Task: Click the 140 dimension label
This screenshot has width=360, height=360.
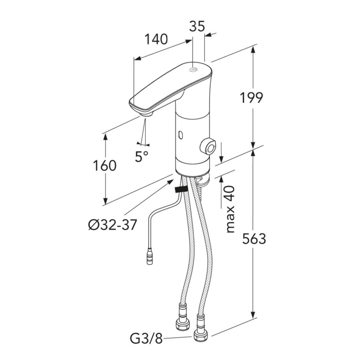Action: click(156, 39)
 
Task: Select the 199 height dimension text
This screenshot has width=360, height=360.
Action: click(251, 98)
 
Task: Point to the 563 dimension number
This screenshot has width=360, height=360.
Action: click(254, 238)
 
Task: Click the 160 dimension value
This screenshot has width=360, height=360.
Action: click(105, 166)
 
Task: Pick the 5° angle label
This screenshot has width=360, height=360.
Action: click(142, 156)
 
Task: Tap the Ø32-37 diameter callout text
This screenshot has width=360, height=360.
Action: click(112, 225)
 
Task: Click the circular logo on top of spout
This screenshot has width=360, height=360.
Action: click(192, 69)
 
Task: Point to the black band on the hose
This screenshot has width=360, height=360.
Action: click(181, 190)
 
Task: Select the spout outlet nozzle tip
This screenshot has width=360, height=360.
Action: click(146, 114)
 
